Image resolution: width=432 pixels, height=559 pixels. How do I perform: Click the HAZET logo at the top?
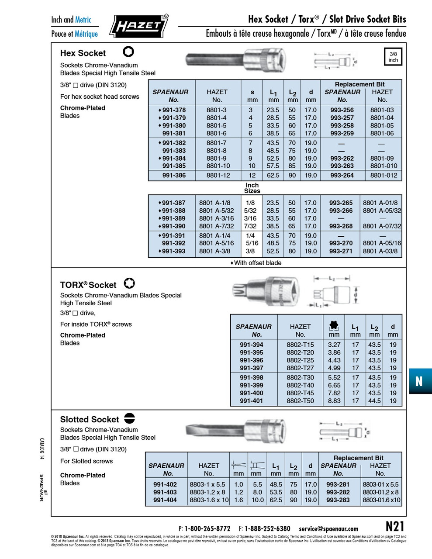[138, 26]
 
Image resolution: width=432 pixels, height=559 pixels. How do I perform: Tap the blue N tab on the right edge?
[419, 381]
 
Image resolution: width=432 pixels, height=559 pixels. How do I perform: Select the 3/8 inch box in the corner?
[393, 57]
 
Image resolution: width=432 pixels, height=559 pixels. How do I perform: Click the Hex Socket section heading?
[83, 53]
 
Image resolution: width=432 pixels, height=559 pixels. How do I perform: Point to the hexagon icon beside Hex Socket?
[128, 52]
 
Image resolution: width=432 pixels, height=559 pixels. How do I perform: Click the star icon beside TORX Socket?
[129, 283]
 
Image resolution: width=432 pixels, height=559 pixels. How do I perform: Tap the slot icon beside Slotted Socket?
[130, 418]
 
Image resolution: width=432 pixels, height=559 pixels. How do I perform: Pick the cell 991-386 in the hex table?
[174, 176]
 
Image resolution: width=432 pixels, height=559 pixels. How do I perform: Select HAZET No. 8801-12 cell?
[218, 176]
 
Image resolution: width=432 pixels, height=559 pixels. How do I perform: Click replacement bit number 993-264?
[342, 176]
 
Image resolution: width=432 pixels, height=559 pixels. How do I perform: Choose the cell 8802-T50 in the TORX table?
[300, 401]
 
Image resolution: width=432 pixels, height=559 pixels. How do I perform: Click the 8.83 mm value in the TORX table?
[334, 401]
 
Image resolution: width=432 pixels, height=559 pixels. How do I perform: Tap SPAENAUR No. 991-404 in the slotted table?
[165, 500]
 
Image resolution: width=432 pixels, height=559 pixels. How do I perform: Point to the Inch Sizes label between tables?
[252, 188]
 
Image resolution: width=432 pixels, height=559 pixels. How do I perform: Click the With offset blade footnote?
[256, 263]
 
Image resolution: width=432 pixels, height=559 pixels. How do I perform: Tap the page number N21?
[395, 527]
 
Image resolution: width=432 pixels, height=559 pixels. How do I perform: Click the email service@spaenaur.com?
[328, 529]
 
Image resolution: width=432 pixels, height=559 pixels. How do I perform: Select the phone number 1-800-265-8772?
[207, 529]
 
